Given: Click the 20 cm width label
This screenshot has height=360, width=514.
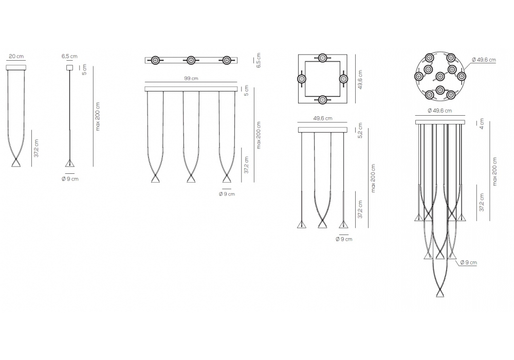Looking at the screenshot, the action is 16,57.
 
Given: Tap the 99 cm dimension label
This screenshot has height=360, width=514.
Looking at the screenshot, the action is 191,78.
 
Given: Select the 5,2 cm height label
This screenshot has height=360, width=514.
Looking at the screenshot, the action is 360,131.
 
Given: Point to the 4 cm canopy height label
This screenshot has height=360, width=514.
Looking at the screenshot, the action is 482,123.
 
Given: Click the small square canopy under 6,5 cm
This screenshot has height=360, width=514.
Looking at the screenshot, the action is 69,67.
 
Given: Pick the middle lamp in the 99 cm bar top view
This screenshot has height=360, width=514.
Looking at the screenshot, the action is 191,60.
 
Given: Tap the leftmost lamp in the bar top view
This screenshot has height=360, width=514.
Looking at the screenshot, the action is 155,60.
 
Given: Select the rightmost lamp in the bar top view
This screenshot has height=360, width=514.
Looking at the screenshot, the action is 227,60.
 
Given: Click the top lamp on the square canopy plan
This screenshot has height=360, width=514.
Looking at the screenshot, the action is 323,58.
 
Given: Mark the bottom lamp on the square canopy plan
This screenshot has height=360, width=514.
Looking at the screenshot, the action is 323,99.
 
